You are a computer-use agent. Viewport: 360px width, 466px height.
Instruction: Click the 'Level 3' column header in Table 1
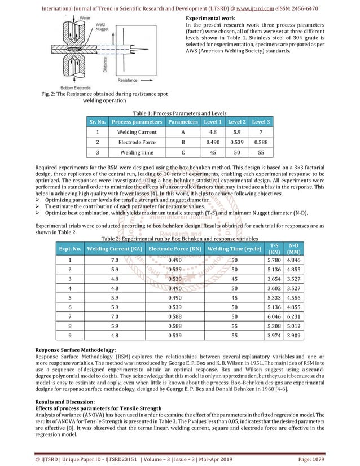click(x=261, y=121)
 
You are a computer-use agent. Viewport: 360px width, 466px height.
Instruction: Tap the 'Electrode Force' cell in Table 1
click(x=136, y=142)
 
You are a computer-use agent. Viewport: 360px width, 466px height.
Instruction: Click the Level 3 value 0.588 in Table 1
click(x=261, y=142)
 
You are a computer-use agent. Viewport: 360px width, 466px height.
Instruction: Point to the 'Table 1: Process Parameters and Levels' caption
click(x=179, y=112)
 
